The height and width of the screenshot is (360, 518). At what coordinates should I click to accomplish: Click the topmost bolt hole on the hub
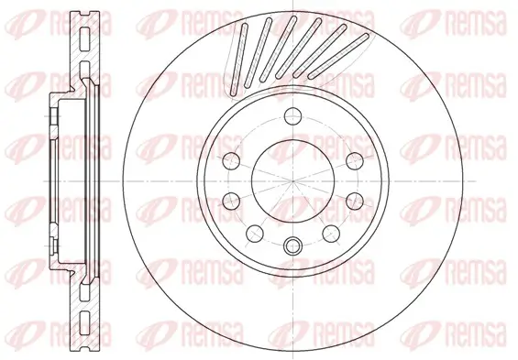click(x=292, y=115)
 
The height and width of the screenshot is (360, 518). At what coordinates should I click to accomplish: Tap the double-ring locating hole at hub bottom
click(x=292, y=245)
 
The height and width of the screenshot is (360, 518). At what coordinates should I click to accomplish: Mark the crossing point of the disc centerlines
click(x=292, y=180)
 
